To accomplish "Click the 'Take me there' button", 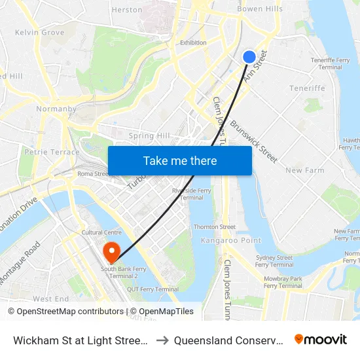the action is (x=180, y=160).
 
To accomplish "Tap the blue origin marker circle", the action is (x=249, y=57).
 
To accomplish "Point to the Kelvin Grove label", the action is (x=39, y=32).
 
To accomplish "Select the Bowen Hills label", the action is (x=260, y=9).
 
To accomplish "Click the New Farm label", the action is (x=305, y=170).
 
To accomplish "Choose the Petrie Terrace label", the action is (x=46, y=151).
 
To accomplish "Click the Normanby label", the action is (x=56, y=109).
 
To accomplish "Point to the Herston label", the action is (x=127, y=10).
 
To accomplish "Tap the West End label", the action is (x=50, y=298).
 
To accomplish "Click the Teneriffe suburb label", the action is (x=307, y=88).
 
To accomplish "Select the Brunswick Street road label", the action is (x=254, y=140).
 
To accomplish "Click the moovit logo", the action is (x=320, y=340).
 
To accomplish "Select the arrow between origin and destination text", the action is (x=162, y=340).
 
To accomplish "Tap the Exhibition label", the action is (x=193, y=43).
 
